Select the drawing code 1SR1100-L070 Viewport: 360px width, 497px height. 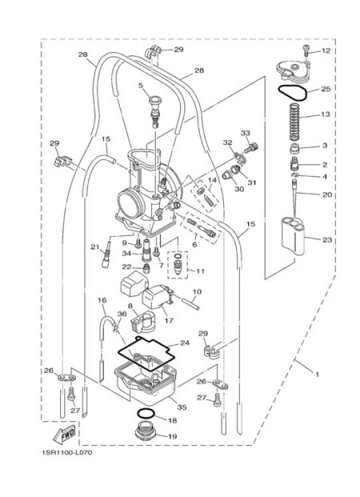pos(67,452)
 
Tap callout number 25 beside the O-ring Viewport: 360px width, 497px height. pos(325,89)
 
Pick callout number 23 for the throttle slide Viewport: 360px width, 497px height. pos(327,240)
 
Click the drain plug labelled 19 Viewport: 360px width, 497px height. pos(145,431)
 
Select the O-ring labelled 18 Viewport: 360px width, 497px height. pos(145,414)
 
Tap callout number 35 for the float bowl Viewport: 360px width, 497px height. pos(182,407)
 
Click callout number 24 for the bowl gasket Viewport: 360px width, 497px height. pos(185,343)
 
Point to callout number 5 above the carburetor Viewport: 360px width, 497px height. pos(141,85)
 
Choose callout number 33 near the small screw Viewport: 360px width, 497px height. pos(245,133)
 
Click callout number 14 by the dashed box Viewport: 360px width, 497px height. pos(212,180)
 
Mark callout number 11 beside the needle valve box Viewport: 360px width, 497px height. pos(200,271)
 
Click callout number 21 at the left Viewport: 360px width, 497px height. pos(95,247)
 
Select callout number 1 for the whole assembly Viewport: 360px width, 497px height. pos(317,374)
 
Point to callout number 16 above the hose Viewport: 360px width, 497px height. pos(102,300)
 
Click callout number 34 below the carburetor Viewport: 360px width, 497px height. pos(127,254)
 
